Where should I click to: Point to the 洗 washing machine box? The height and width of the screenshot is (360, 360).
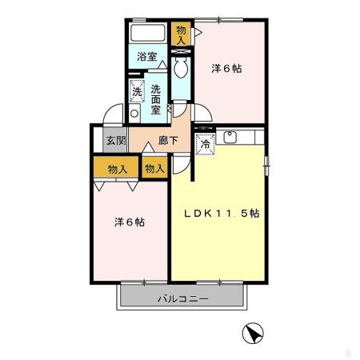(x=137, y=91)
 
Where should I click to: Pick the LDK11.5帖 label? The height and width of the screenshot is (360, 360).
(x=222, y=214)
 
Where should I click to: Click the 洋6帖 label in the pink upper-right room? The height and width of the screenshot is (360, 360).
(x=226, y=69)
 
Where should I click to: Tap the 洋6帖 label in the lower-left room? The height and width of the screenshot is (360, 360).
(x=128, y=222)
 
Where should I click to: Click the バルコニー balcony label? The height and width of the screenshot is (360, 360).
(x=182, y=300)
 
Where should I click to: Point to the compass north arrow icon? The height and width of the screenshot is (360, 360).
(x=250, y=334)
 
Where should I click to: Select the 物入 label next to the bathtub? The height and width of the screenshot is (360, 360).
(x=182, y=34)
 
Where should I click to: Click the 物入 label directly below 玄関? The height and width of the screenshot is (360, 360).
(x=117, y=169)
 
